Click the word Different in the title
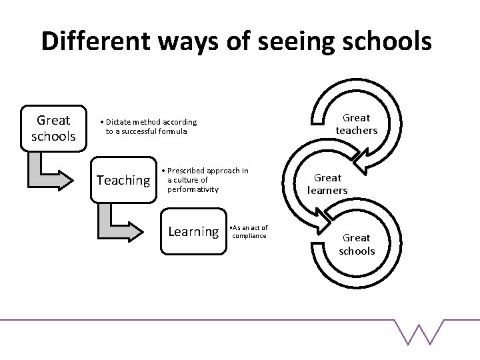[92, 41]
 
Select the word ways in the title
[190, 41]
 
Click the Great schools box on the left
[53, 129]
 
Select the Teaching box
[123, 180]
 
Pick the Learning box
[193, 231]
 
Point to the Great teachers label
[356, 124]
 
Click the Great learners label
[327, 184]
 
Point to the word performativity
[193, 189]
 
